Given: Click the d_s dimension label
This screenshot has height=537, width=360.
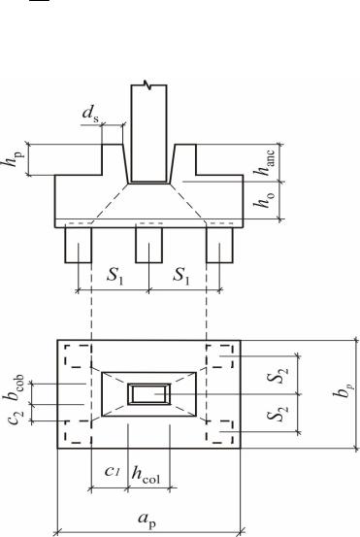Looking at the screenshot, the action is click(x=90, y=115).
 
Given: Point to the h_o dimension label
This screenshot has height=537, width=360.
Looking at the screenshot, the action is click(x=264, y=200).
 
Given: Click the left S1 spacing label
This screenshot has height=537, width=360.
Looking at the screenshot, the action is click(x=115, y=276).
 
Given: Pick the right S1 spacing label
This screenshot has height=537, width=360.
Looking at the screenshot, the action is click(x=181, y=275).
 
